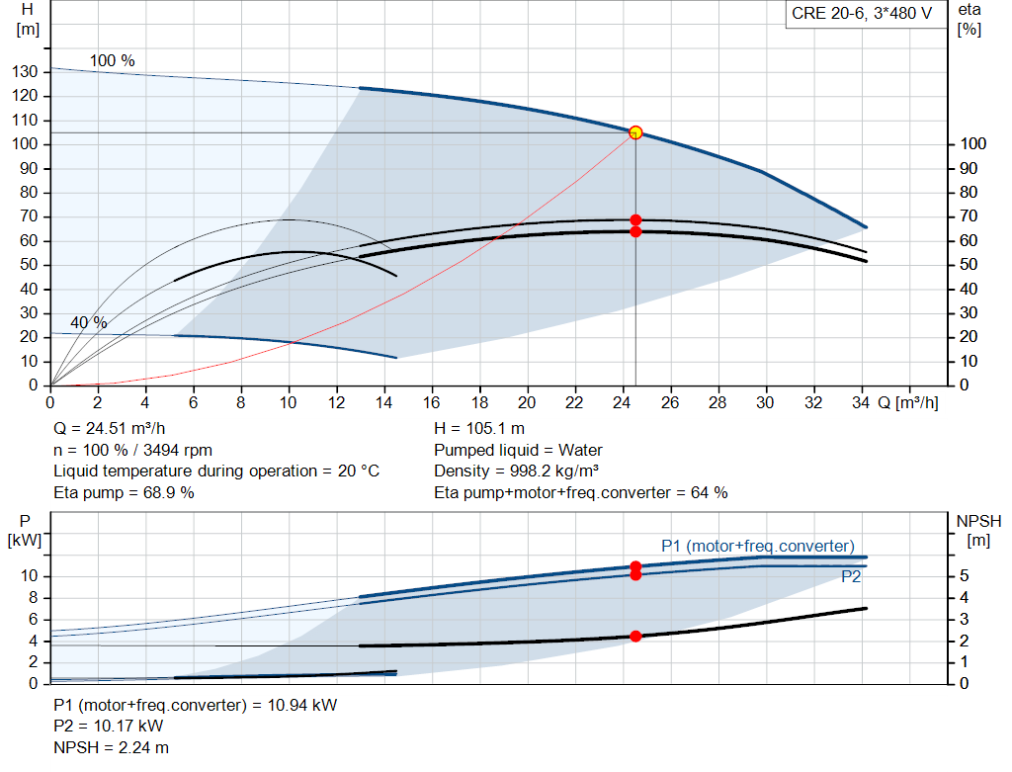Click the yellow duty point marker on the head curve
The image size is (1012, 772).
click(635, 132)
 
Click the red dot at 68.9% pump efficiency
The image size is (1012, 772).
click(635, 220)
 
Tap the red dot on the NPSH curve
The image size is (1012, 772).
click(635, 637)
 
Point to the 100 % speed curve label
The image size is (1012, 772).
click(112, 60)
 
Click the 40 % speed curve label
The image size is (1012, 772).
click(88, 322)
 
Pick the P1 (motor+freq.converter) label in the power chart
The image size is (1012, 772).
click(758, 546)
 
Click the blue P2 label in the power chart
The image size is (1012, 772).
click(851, 576)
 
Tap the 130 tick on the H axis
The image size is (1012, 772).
click(25, 71)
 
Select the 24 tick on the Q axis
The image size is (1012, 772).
click(622, 402)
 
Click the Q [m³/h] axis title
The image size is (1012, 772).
click(907, 402)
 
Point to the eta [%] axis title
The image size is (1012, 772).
click(970, 20)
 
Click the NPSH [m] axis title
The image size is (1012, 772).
click(978, 531)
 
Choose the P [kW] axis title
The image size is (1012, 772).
click(25, 531)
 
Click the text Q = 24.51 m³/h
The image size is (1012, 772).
click(110, 429)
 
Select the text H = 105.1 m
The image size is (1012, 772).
click(479, 429)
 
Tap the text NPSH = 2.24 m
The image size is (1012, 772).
click(111, 747)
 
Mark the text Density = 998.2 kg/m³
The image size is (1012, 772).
click(516, 472)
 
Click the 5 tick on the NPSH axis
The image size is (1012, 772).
click(965, 575)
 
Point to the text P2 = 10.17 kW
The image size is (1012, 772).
click(109, 727)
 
